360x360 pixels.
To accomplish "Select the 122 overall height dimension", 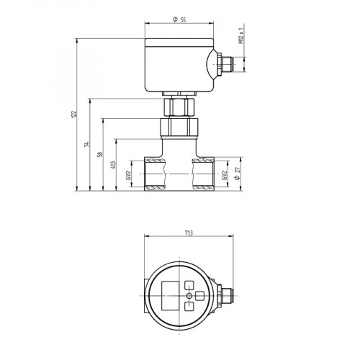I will coord(73,116).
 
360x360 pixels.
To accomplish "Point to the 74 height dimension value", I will coord(86,145).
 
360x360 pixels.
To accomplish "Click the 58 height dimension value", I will coord(100,154).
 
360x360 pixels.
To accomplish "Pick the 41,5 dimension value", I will coord(113,167).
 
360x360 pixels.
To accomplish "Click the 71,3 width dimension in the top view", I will coord(188,233).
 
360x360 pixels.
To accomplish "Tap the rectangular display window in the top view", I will coord(170,295).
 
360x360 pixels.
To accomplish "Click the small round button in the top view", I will coord(189,295).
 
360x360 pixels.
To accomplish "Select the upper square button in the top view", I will coord(189,284).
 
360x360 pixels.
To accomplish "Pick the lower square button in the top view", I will coord(189,307).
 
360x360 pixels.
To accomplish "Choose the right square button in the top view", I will coord(200,295).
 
